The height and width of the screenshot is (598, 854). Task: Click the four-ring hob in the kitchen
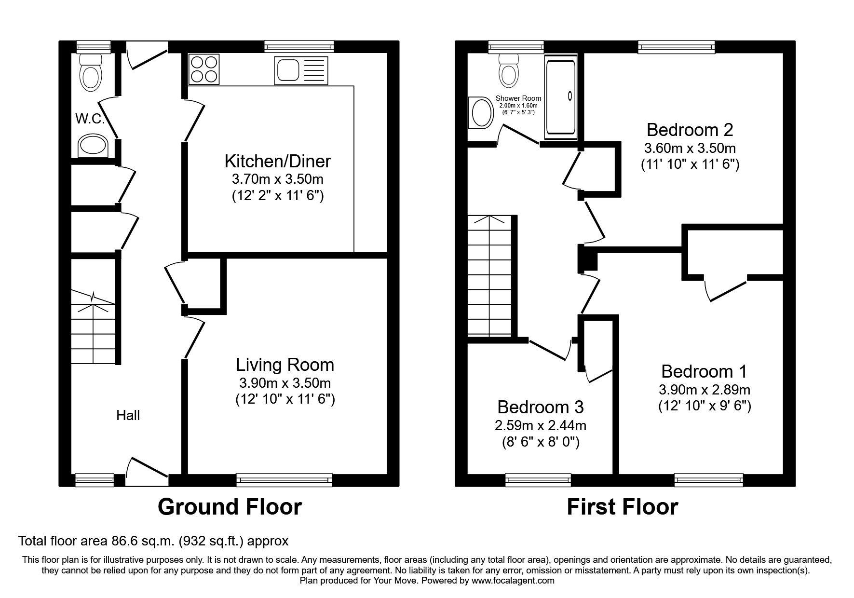[203, 69]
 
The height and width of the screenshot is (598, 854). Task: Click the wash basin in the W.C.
[93, 146]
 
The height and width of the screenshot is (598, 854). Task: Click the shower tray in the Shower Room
[560, 96]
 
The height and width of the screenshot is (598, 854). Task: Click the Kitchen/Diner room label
[278, 161]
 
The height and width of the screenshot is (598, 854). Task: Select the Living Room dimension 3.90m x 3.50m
[285, 383]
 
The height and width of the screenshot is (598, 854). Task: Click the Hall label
[128, 415]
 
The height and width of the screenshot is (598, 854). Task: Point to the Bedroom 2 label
[690, 130]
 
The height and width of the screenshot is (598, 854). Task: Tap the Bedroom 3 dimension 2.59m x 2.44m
[540, 425]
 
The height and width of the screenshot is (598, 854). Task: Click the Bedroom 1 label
[704, 371]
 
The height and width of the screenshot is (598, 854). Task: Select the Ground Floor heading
[230, 507]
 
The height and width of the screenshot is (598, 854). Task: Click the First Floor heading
[622, 507]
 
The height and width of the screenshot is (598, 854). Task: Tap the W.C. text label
[90, 119]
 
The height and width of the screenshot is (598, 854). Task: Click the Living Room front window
[284, 479]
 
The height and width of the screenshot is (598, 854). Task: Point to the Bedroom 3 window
[538, 479]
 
